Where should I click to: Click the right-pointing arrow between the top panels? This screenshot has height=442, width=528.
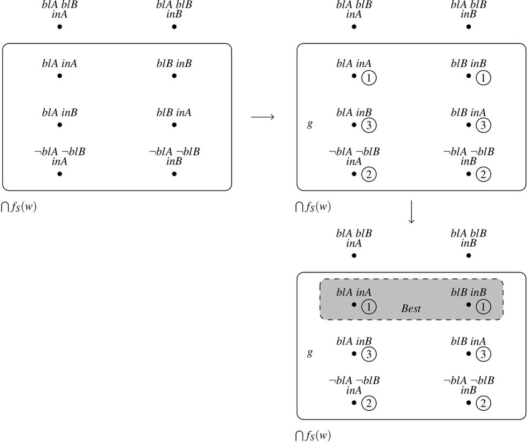click(x=263, y=117)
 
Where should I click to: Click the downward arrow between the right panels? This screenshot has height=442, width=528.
click(x=411, y=213)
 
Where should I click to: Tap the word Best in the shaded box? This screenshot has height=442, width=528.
click(x=411, y=309)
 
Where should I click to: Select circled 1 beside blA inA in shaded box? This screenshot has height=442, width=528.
click(x=368, y=307)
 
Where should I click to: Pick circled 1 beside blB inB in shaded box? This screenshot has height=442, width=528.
click(x=483, y=307)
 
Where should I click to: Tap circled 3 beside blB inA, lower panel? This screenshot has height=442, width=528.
click(x=483, y=355)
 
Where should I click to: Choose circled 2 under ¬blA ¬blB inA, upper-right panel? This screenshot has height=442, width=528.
click(x=368, y=174)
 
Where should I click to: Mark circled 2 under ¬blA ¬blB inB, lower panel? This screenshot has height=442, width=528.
click(x=483, y=403)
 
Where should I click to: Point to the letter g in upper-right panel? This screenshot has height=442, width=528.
click(x=309, y=124)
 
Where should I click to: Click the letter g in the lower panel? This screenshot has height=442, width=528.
click(x=309, y=353)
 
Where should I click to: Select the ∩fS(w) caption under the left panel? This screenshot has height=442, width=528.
click(x=19, y=207)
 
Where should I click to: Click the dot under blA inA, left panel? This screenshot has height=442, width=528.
click(x=59, y=76)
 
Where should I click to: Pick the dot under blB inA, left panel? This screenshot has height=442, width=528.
click(x=174, y=125)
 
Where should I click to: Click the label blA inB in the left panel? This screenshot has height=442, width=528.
click(x=59, y=113)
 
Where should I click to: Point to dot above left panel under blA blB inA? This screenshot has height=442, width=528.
click(x=59, y=26)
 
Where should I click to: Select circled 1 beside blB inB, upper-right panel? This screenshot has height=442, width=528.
click(x=483, y=78)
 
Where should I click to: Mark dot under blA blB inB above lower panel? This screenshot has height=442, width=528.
click(x=469, y=255)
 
